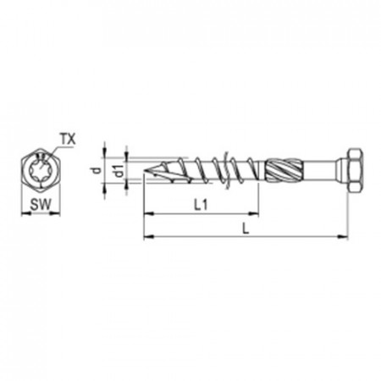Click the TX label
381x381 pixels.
click(67, 137)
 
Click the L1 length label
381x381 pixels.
click(202, 204)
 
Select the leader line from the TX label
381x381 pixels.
click(52, 146)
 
